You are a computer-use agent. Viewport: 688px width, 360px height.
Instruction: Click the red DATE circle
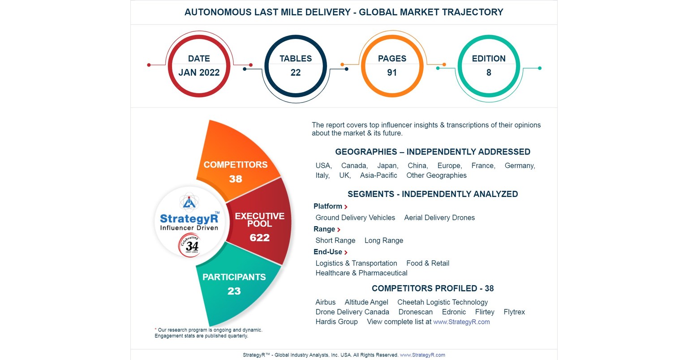(199, 65)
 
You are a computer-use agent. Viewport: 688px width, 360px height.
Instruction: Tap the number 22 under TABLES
(296, 73)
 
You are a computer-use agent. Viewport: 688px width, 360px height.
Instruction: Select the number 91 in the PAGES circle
(392, 73)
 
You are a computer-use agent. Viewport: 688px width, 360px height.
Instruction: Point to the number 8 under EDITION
(489, 73)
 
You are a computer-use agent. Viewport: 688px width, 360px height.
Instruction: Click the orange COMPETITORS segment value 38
(236, 179)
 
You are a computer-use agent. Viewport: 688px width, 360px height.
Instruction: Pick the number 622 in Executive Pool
(260, 238)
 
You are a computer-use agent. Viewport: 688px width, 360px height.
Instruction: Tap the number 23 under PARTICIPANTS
(234, 291)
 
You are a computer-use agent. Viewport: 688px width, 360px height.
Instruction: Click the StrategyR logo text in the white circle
(189, 219)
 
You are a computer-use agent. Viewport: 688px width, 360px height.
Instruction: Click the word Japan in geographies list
(387, 166)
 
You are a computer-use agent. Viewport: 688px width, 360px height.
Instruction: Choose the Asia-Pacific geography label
(378, 176)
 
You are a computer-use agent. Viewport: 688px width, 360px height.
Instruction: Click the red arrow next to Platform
(346, 207)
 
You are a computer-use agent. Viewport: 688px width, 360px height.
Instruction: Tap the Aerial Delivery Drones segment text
(439, 218)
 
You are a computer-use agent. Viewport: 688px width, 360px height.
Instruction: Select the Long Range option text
(384, 240)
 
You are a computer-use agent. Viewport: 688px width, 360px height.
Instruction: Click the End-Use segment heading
(328, 252)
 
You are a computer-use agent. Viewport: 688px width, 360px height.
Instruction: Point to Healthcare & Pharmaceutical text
(361, 273)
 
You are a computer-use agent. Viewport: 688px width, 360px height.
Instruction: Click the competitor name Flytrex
(514, 312)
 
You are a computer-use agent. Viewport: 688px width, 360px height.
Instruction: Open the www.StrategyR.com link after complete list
(461, 322)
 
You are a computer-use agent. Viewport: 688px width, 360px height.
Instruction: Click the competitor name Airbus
(326, 302)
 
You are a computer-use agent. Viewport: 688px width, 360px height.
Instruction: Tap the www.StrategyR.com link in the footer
(422, 355)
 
